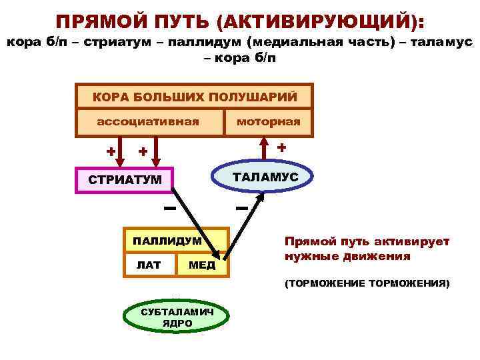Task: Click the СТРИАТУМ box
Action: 125,179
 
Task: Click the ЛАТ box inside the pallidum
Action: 149,265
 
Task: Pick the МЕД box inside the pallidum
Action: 202,265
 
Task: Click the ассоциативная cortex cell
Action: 148,121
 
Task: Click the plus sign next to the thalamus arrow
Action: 282,147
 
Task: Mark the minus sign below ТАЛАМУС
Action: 241,209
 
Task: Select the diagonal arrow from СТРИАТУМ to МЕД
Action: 197,223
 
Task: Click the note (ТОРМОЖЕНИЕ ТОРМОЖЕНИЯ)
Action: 367,284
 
